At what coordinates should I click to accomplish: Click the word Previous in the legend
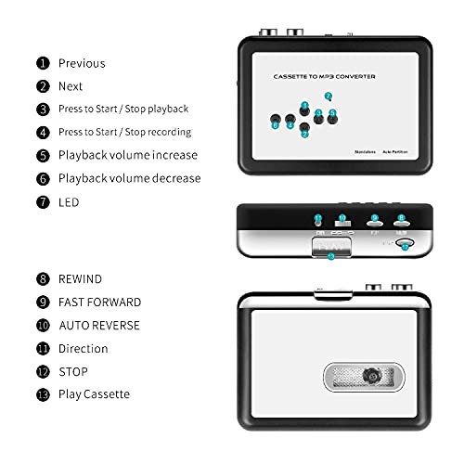82,63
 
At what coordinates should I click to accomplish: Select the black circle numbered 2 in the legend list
43,86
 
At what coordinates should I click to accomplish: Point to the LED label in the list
69,201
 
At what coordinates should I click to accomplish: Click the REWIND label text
81,278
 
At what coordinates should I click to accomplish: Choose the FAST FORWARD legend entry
100,302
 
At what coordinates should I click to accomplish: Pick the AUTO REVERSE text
99,326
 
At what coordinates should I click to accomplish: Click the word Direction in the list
84,349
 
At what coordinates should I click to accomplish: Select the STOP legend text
73,372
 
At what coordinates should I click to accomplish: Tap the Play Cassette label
95,394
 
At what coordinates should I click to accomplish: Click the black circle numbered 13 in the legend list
43,394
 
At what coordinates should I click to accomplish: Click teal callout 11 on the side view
317,220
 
